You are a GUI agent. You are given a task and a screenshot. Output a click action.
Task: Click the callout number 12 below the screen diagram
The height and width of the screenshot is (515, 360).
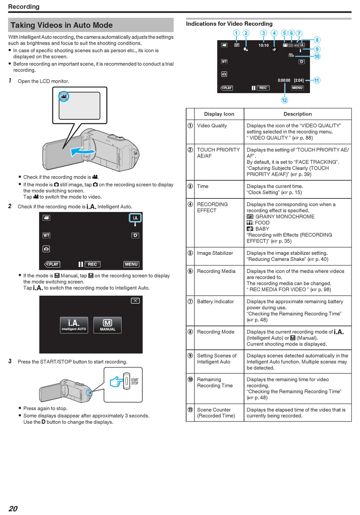284,100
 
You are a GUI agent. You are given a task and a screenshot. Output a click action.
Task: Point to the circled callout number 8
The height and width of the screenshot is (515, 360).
317,40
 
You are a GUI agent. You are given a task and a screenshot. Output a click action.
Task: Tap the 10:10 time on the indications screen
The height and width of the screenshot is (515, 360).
263,45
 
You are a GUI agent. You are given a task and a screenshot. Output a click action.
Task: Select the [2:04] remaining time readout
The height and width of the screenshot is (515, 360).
299,80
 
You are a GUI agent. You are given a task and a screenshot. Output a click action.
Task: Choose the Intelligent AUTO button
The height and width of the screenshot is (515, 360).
74,325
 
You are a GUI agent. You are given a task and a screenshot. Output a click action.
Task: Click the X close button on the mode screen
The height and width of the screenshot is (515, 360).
135,301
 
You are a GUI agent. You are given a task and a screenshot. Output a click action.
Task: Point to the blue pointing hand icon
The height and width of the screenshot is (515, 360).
117,382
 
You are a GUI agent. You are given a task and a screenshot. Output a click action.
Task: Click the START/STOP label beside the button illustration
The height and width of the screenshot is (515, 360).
135,381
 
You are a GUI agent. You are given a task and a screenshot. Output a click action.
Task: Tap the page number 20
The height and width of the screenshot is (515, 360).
13,508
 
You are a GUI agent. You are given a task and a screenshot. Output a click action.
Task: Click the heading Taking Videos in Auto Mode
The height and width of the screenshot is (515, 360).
62,25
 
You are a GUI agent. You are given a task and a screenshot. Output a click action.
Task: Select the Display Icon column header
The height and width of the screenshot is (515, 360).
219,114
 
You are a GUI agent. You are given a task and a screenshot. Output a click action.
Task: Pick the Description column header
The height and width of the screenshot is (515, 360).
297,114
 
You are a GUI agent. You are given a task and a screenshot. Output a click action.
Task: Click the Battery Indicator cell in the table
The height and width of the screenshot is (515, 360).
215,301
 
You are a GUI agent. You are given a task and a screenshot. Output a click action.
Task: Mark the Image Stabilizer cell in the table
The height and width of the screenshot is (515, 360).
215,253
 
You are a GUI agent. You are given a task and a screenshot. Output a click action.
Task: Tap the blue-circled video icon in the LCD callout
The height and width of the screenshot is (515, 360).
64,96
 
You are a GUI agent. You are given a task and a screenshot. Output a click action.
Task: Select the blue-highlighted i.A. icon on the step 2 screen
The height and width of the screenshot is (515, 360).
135,218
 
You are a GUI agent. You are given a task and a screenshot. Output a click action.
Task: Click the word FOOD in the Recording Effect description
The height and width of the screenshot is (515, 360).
262,223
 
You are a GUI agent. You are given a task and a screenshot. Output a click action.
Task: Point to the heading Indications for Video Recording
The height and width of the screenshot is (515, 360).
229,24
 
